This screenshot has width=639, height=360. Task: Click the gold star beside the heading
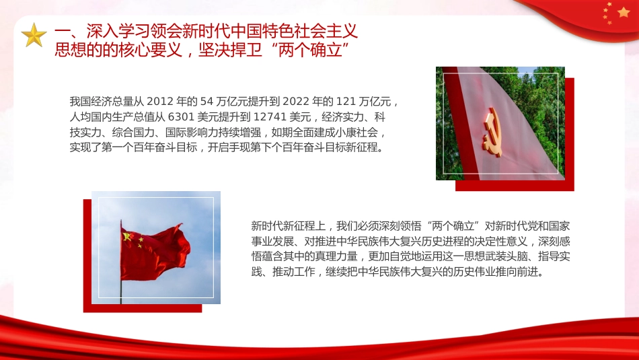tap(34, 36)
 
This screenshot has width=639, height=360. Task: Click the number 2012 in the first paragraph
tap(159, 102)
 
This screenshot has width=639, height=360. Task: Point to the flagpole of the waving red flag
tap(121, 283)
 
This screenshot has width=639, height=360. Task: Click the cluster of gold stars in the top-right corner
tap(615, 13)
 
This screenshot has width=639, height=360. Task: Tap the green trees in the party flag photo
tap(538, 87)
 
